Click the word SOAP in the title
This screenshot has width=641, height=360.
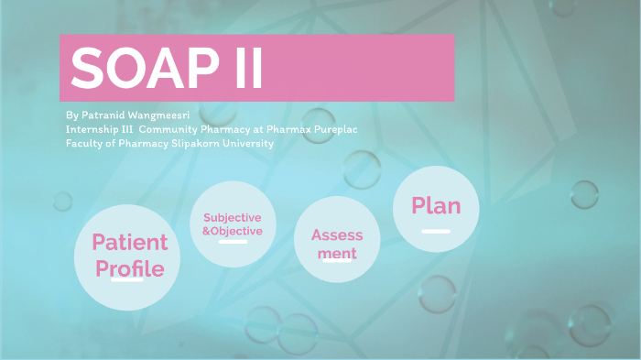143,68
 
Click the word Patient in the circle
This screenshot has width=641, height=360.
129,243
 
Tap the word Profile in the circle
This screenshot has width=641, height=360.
129,268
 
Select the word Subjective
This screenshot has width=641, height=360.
233,218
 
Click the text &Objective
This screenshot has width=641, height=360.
233,232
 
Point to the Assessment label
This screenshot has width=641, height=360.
337,243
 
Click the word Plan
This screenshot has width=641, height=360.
436,205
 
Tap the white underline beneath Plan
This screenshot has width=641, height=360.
435,231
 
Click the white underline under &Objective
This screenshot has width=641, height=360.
233,243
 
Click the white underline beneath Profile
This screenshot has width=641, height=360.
126,279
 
